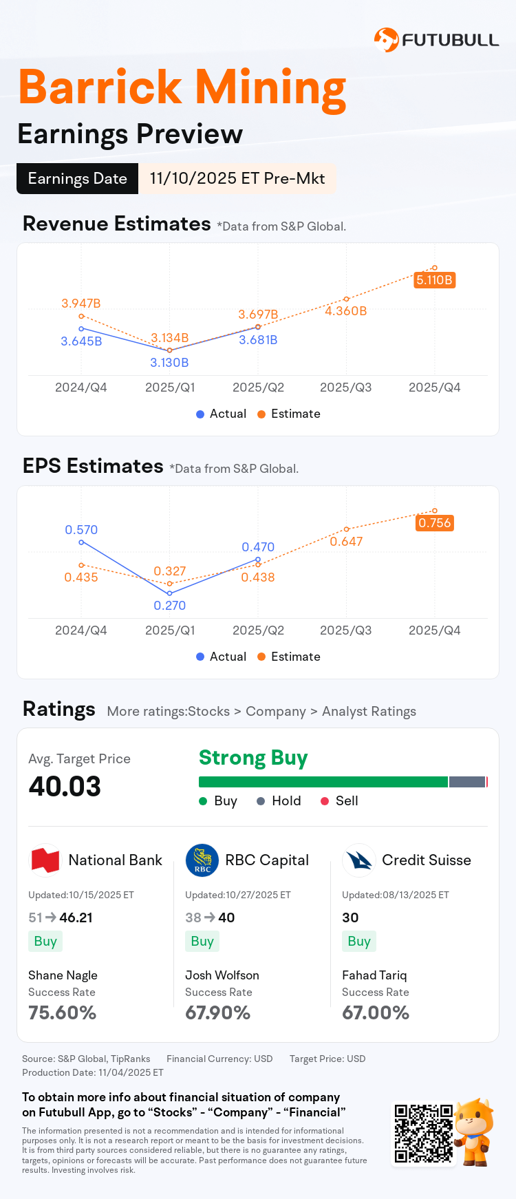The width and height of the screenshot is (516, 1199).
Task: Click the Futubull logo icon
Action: [386, 40]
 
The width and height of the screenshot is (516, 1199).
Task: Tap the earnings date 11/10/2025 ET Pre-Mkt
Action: [237, 178]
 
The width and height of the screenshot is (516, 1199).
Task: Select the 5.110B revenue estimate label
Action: [434, 280]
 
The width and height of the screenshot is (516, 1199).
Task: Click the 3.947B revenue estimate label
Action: [81, 304]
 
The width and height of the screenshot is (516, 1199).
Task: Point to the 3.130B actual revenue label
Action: [169, 363]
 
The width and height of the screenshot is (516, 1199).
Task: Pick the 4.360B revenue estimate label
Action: [346, 311]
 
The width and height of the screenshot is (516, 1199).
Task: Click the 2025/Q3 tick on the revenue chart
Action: [346, 388]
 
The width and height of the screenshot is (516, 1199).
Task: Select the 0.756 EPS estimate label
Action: [435, 523]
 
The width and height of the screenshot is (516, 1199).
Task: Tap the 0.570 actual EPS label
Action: [81, 530]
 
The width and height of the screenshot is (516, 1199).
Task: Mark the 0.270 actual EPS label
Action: [169, 606]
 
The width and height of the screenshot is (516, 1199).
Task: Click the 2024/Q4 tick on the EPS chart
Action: [81, 630]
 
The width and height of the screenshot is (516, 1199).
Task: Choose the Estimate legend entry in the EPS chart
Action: [289, 657]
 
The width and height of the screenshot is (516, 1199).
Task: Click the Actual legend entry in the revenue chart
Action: [221, 414]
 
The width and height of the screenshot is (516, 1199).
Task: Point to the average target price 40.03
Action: [65, 787]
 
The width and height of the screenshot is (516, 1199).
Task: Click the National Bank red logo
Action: [45, 860]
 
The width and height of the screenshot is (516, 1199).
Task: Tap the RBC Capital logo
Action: [202, 860]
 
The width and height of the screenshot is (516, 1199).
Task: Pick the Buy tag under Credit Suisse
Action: [359, 942]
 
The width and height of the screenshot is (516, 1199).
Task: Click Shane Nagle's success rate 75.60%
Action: [62, 1013]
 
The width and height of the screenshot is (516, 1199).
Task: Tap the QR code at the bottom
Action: [423, 1134]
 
